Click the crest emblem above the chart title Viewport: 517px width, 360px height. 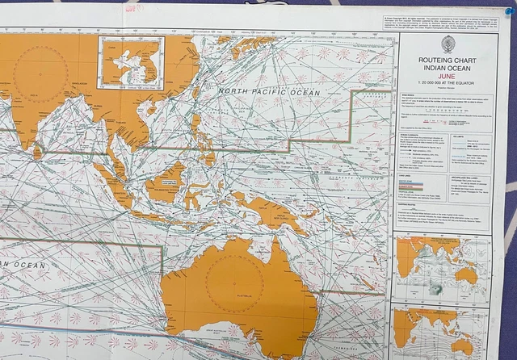448,44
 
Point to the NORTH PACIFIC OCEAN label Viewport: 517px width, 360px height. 269,93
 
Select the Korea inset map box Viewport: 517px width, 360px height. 130,61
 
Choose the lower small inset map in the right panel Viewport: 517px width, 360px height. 441,331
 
